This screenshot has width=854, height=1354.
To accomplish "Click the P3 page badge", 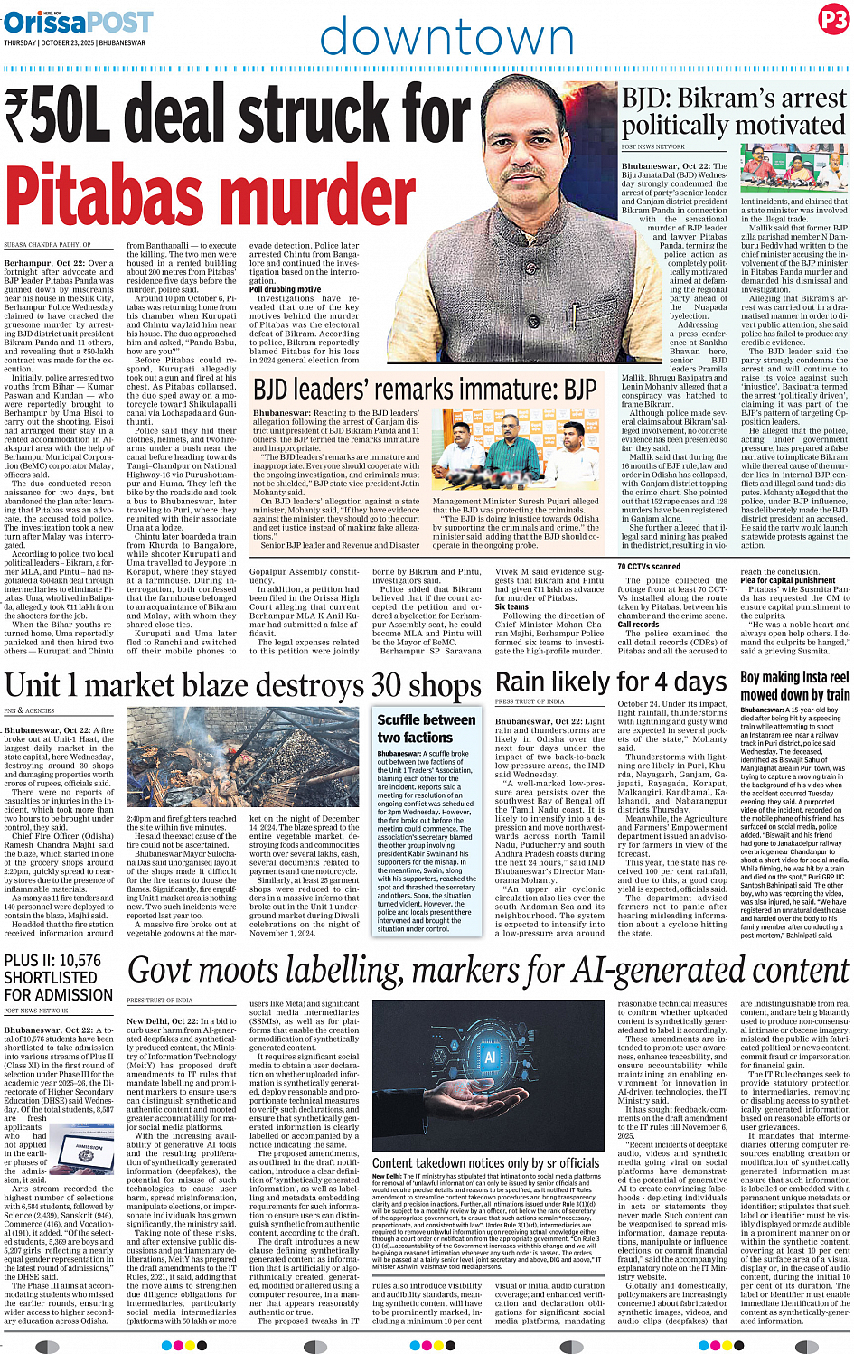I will tap(832, 20).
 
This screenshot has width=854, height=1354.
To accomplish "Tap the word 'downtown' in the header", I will tap(446, 38).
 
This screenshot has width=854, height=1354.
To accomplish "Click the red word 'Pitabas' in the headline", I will tap(210, 193).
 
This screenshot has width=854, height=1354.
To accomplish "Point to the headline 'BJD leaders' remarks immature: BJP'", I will tap(425, 390).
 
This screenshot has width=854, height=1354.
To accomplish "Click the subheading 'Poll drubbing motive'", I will tap(285, 289).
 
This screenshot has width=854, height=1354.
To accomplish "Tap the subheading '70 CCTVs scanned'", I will tap(649, 567).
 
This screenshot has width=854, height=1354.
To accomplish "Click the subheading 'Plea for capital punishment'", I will tap(787, 580).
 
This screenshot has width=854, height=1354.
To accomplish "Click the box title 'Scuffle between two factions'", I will tap(426, 729).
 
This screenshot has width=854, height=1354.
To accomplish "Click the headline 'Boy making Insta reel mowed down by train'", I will tap(794, 686).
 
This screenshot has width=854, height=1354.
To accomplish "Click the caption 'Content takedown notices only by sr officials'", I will tap(485, 1162).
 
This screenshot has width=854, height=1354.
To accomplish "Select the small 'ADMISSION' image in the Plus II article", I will tap(87, 1160).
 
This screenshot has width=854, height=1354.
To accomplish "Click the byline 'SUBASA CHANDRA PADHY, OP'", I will tap(47, 245).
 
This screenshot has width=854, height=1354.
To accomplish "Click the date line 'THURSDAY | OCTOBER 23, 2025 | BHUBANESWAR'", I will tap(74, 42).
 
